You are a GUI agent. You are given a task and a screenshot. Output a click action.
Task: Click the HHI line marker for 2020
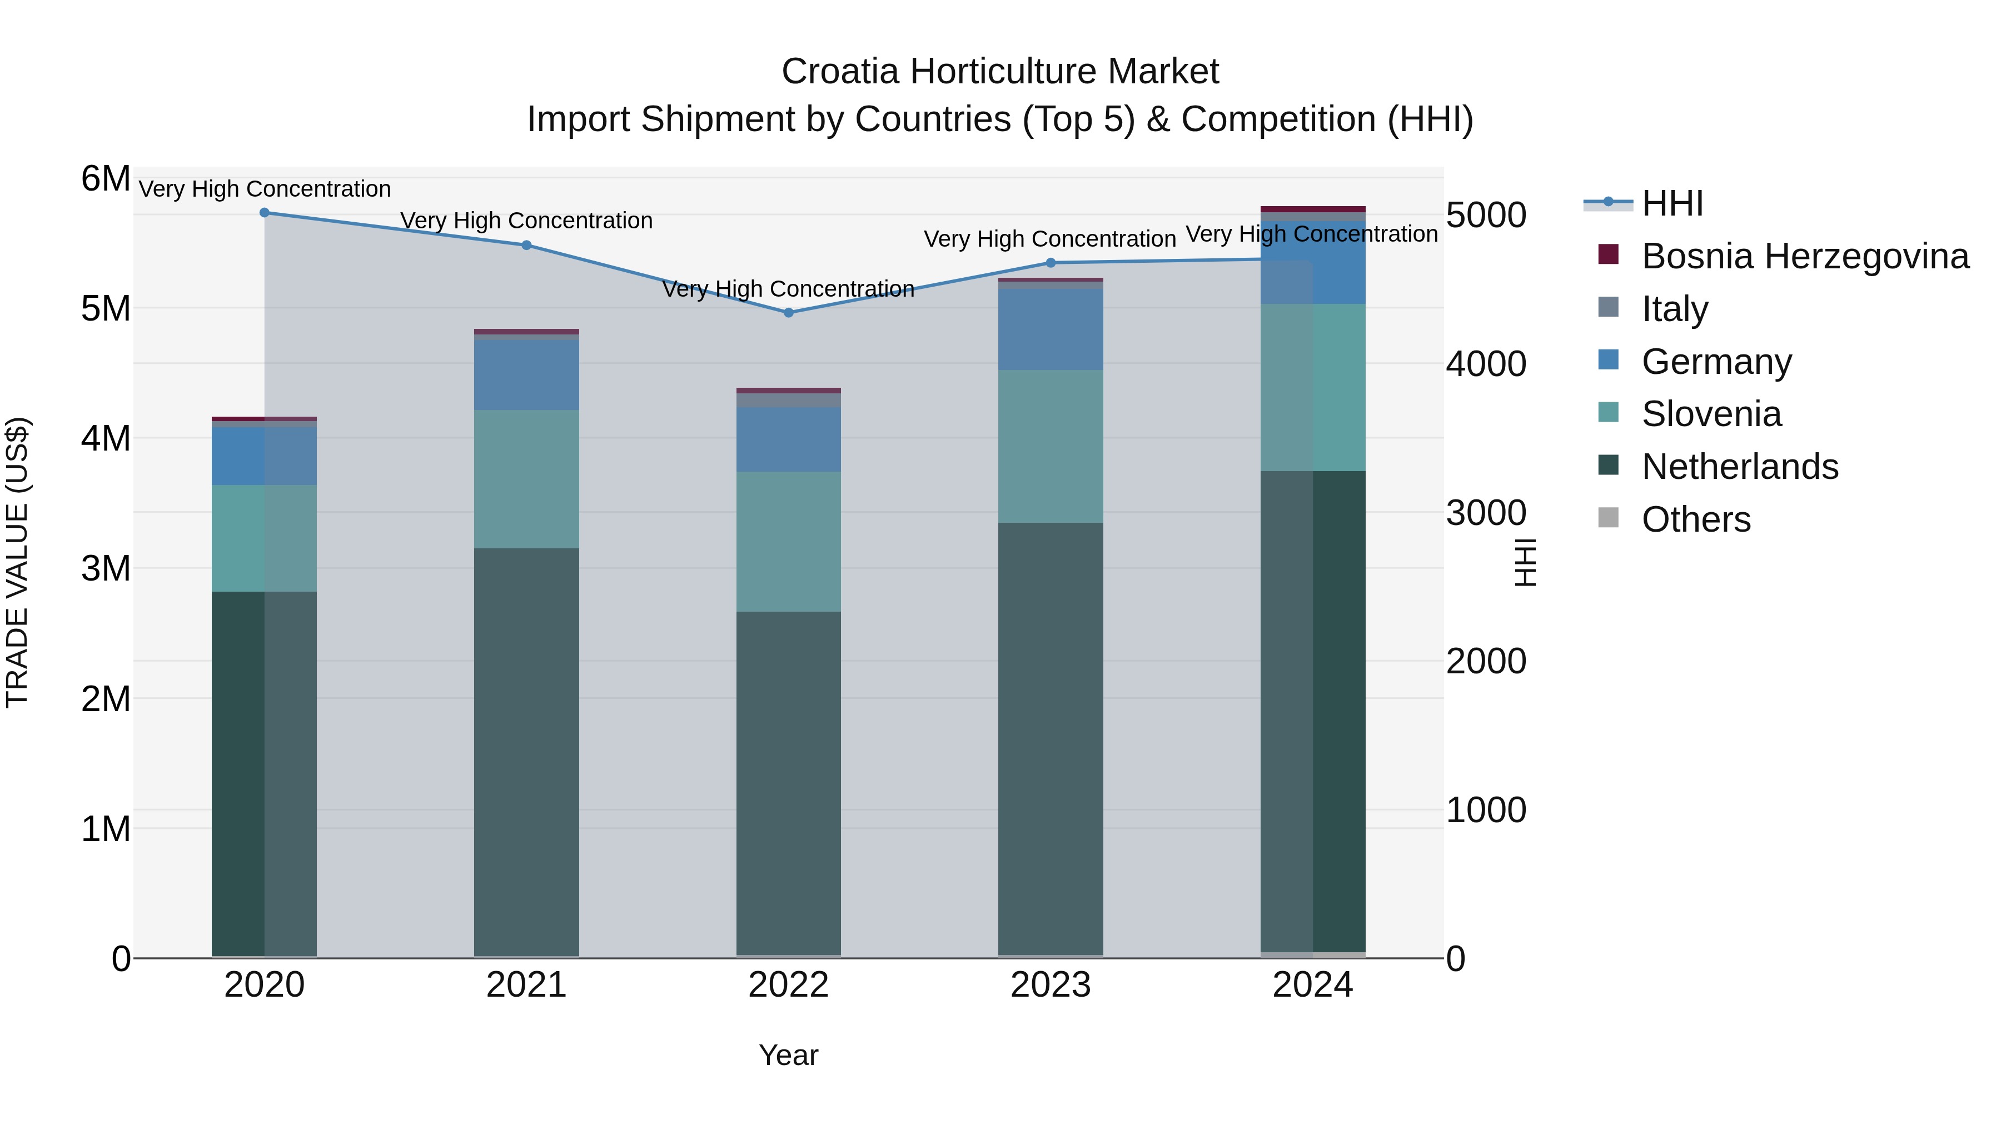coord(264,212)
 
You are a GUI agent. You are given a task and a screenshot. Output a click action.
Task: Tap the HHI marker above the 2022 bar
coord(788,313)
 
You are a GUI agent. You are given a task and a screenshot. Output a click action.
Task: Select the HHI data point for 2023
coord(1050,262)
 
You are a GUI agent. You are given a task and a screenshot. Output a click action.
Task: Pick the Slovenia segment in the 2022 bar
coord(788,541)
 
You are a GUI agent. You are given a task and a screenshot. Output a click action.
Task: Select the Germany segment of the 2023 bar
coord(1050,329)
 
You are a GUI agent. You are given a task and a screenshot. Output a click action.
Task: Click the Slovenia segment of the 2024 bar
coord(1313,387)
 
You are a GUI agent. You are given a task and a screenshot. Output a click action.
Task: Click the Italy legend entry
coord(1674,309)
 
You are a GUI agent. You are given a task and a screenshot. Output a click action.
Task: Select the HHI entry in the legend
coord(1671,203)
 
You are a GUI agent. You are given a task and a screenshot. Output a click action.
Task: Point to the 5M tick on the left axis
coord(106,308)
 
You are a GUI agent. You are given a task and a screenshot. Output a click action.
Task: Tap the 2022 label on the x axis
coord(788,985)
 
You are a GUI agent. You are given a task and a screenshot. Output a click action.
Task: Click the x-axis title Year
coord(788,1055)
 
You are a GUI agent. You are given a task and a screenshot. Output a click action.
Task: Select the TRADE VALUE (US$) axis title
coord(17,562)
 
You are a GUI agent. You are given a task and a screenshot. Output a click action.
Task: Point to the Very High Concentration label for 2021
coord(527,221)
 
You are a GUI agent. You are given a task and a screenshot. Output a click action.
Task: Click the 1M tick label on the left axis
coord(106,828)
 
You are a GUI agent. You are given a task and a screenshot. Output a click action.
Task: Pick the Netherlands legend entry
coord(1739,467)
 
